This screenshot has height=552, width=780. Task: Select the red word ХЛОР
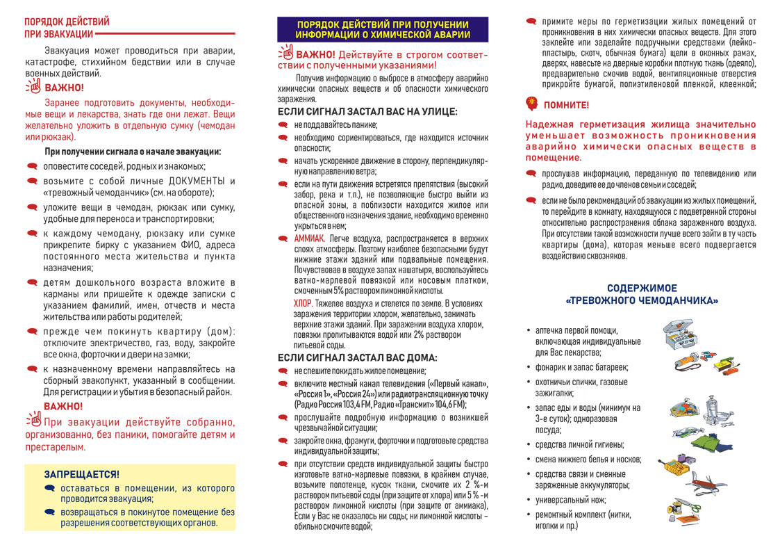pyautogui.click(x=303, y=304)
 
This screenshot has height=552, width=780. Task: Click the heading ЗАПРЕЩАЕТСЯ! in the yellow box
pyautogui.click(x=82, y=474)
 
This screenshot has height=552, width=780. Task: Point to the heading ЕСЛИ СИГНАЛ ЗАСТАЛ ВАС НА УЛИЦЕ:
pyautogui.click(x=367, y=111)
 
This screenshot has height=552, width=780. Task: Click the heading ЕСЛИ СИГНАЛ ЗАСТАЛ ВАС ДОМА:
pyautogui.click(x=357, y=357)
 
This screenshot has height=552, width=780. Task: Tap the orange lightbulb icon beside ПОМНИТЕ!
pyautogui.click(x=532, y=104)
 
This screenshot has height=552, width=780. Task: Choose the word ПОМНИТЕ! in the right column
pyautogui.click(x=566, y=105)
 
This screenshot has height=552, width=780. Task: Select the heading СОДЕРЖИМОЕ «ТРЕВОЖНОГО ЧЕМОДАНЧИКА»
pyautogui.click(x=642, y=294)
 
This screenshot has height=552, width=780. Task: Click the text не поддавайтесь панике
pyautogui.click(x=335, y=124)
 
